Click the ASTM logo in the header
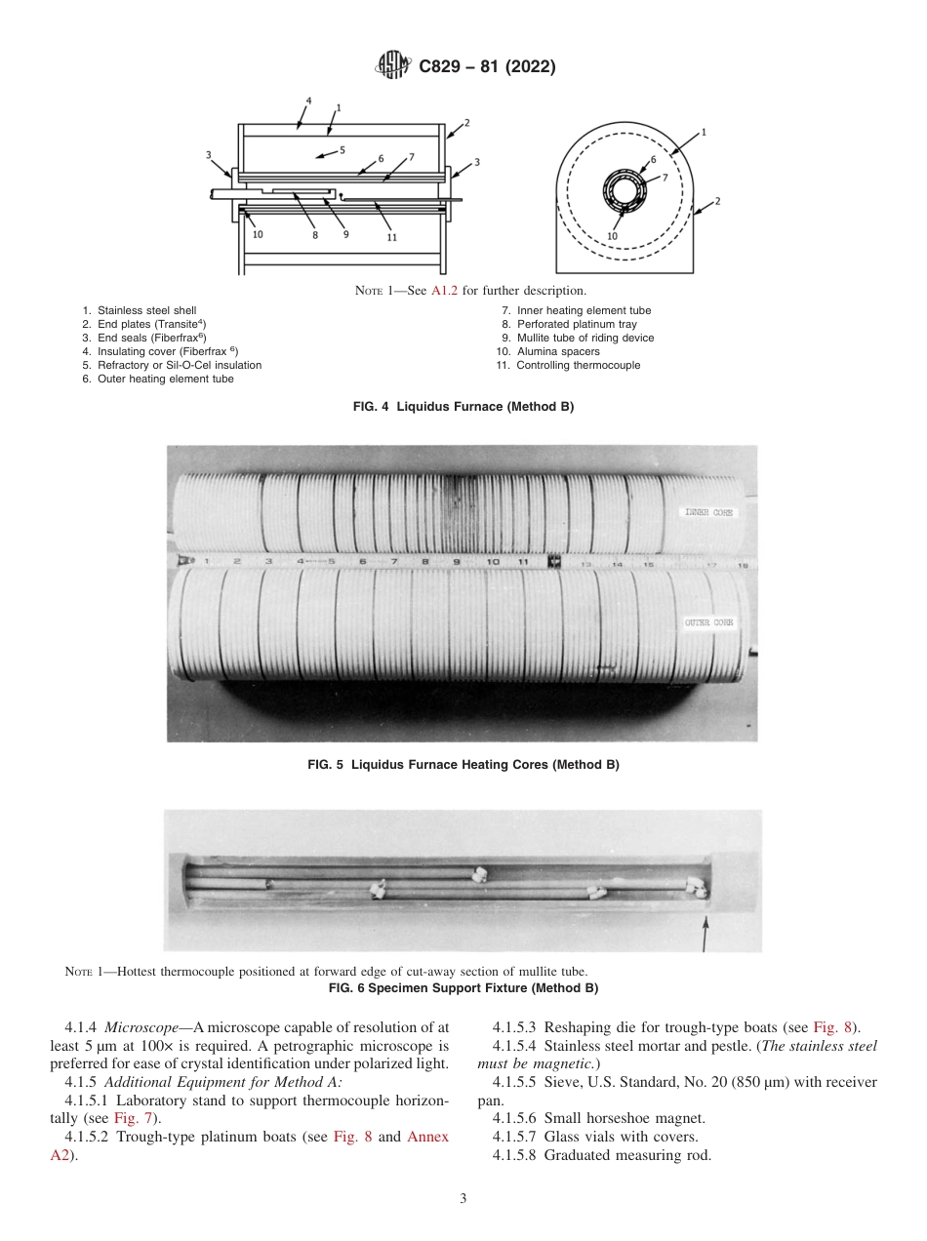tap(394, 67)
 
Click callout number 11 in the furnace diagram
tap(391, 236)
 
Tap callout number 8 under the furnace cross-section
tap(315, 234)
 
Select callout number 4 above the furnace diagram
tap(308, 100)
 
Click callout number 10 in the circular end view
tap(613, 235)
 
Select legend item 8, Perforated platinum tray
tap(569, 324)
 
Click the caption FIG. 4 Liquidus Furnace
tap(463, 407)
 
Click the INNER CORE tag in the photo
tap(709, 512)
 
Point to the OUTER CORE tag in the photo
tap(709, 621)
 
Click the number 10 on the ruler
tap(492, 562)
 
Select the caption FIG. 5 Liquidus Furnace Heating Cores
tap(463, 765)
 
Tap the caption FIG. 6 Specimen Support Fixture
tap(463, 988)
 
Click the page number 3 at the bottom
tap(463, 1198)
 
